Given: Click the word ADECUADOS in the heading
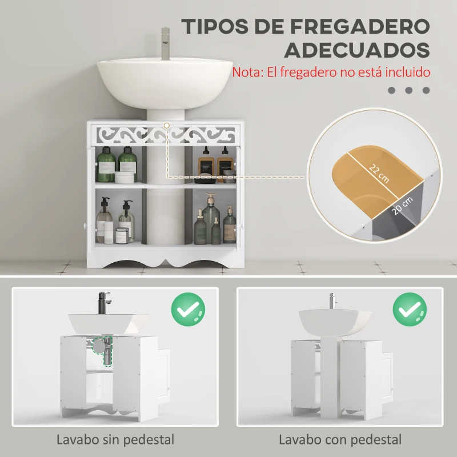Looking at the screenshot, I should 357,50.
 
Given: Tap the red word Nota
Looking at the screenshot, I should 246,73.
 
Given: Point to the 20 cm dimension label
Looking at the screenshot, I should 402,206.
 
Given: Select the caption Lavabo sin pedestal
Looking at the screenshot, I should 115,440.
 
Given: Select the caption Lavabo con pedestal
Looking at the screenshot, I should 340,440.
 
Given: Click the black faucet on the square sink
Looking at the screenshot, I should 103,303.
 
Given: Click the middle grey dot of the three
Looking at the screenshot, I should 408,90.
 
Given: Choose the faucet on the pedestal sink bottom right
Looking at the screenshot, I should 331,300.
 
